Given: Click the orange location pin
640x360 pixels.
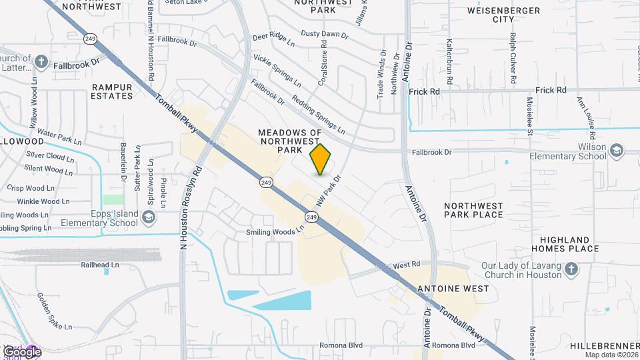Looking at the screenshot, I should point(321,159).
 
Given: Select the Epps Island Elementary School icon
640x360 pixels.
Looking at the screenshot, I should point(148,217).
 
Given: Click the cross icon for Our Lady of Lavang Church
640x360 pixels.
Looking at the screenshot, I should point(570,270).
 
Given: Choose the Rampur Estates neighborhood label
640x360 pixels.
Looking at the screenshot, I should point(112,91).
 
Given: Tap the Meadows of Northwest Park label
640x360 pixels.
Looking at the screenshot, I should point(290,141).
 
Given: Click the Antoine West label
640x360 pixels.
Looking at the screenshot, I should point(452,289).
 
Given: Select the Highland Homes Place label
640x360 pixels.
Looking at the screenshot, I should point(565,244).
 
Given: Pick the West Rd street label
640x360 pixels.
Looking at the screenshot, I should point(406,265).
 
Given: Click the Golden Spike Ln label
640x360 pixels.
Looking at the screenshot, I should point(53,311).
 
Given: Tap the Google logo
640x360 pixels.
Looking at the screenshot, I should point(22,351).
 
